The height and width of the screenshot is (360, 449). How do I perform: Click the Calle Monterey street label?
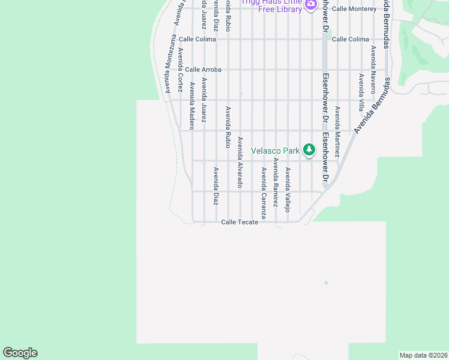click(354, 9)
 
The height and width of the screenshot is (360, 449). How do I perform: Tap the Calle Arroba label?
click(203, 70)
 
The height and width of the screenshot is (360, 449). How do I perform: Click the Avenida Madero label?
click(192, 106)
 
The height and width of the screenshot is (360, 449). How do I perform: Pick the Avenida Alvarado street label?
click(240, 163)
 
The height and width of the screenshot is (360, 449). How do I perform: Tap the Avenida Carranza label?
click(264, 193)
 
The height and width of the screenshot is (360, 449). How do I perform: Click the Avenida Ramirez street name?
click(276, 182)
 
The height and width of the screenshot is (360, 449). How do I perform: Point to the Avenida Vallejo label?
click(288, 190)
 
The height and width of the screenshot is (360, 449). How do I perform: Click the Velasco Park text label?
click(275, 151)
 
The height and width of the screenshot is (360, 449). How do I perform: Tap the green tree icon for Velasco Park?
click(309, 149)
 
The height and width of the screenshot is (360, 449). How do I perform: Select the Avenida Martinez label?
click(337, 131)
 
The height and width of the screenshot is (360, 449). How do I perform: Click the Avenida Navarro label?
click(373, 68)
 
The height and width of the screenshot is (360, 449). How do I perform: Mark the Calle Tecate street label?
click(240, 222)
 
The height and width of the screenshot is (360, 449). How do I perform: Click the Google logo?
click(20, 353)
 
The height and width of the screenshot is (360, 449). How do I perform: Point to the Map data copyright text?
click(423, 355)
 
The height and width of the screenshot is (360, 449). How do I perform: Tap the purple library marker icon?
click(310, 5)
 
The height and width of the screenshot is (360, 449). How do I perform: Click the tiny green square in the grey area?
click(326, 283)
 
